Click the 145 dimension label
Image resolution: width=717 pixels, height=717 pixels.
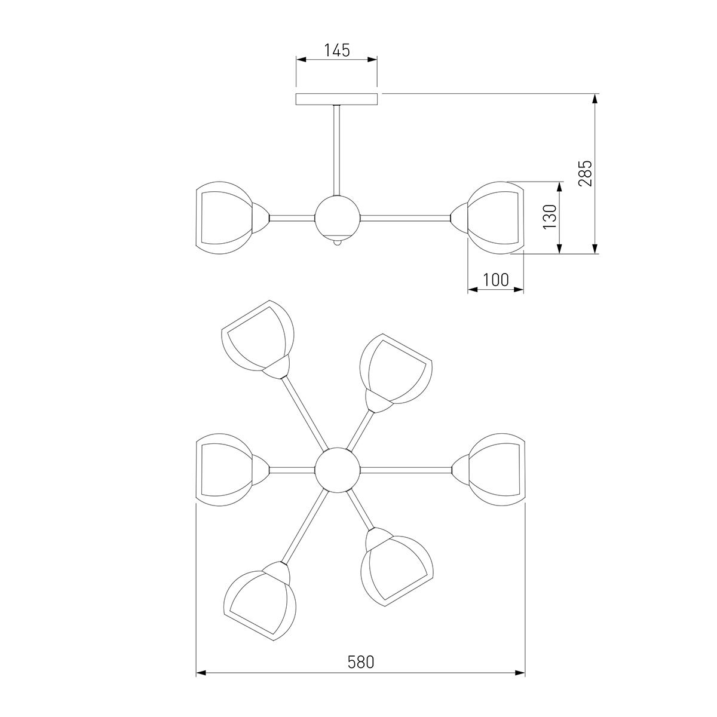click(x=337, y=50)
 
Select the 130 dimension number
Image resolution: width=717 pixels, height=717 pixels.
click(x=550, y=217)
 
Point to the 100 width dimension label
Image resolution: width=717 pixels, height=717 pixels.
click(x=495, y=280)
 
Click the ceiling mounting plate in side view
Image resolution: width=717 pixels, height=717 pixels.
click(x=337, y=99)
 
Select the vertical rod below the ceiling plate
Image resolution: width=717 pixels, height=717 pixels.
click(x=337, y=151)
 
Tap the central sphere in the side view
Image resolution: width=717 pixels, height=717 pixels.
click(x=338, y=218)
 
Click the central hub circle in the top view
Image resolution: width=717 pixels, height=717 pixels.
click(x=338, y=470)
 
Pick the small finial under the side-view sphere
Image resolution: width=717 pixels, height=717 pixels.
click(x=338, y=243)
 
